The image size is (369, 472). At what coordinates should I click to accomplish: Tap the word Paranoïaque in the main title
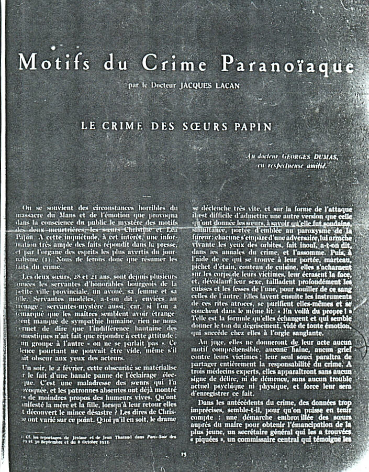pyautogui.click(x=288, y=64)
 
